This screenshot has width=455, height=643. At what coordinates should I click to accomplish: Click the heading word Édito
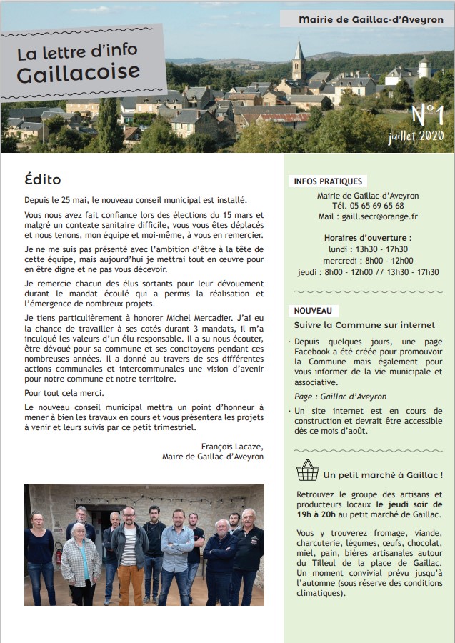point(43,180)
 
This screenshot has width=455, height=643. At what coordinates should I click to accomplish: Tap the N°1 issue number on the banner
point(427,115)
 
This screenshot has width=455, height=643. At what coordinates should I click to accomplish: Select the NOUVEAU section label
point(313,311)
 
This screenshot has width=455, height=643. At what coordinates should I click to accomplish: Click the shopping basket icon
point(307,470)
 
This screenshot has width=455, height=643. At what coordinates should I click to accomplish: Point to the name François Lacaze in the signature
point(232,446)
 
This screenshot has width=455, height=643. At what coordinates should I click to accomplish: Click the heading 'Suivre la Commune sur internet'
point(364,325)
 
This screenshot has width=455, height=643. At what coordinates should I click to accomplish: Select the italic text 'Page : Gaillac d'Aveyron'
point(340,397)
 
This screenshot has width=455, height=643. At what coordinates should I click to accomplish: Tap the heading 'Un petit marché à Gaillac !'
point(382,474)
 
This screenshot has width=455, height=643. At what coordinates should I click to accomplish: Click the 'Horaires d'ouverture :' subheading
point(367,238)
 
